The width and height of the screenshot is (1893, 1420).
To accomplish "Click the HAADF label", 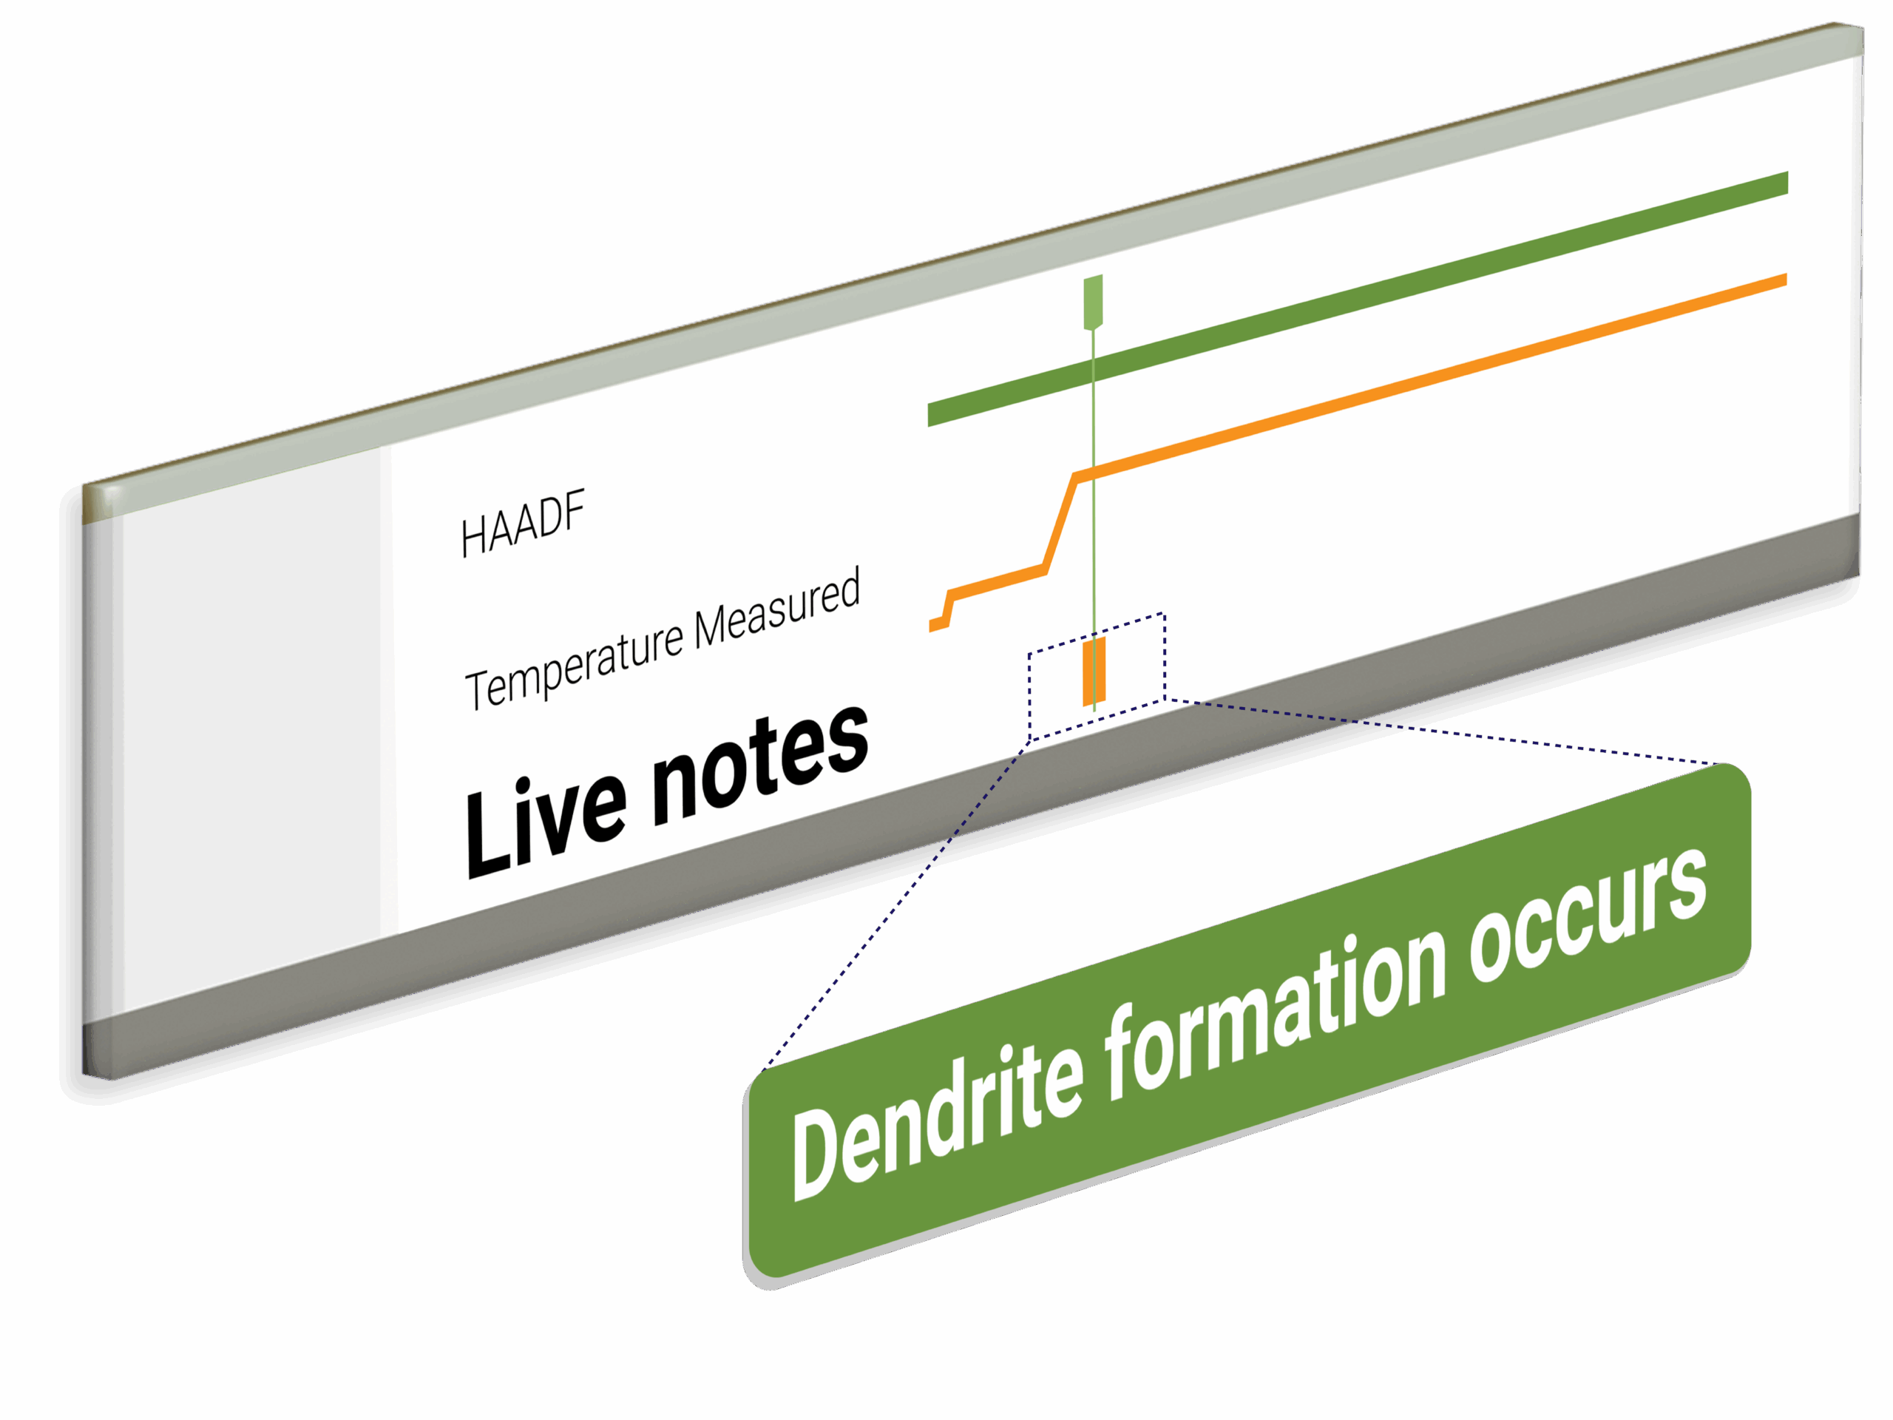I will tap(522, 524).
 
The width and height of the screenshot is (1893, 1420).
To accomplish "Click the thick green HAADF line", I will tap(1369, 295).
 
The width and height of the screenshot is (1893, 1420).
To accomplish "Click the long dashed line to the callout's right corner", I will tap(1455, 733).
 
